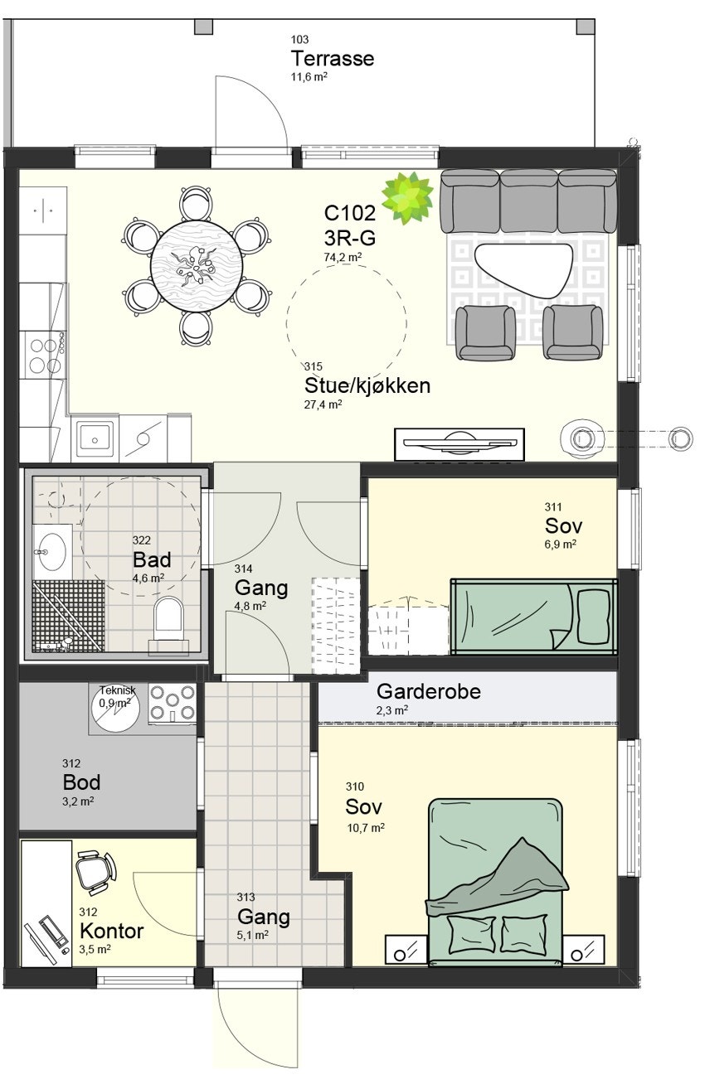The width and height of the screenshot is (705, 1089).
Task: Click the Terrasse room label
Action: [332, 59]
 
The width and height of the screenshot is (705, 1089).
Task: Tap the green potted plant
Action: [407, 198]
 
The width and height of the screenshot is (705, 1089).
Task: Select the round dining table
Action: [197, 266]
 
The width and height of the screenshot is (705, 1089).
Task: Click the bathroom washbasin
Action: [51, 548]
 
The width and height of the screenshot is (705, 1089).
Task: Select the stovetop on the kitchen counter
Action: [45, 354]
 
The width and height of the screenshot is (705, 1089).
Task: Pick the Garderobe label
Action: [428, 691]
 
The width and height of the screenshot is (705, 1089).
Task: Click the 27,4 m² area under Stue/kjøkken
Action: [323, 404]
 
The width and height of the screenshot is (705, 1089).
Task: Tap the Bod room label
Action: [81, 782]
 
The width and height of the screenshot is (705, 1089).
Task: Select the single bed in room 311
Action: [533, 616]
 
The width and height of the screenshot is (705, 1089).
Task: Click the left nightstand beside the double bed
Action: [406, 950]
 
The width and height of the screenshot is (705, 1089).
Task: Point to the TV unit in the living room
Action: [459, 444]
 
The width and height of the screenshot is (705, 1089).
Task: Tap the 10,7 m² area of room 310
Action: [365, 827]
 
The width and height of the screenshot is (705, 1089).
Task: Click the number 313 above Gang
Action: [246, 897]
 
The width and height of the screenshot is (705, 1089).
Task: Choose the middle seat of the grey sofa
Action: [528, 201]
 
